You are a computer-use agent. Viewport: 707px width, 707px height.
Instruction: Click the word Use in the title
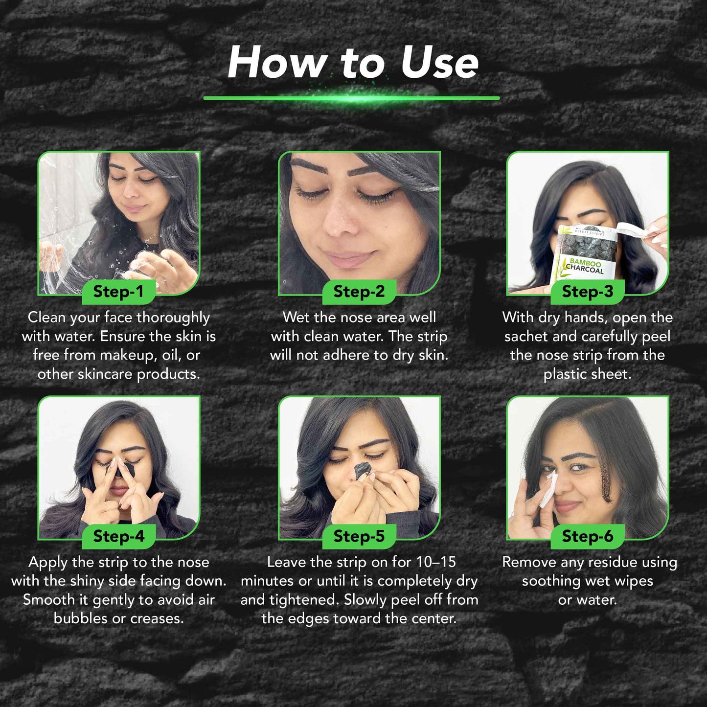439,63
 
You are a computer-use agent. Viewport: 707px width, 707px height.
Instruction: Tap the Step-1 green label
118,292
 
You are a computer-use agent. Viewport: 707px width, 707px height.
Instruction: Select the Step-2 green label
359,292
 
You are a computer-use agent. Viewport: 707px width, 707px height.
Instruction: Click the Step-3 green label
587,292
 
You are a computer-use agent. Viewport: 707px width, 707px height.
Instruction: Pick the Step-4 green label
118,536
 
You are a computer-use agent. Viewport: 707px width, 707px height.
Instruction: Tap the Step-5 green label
359,536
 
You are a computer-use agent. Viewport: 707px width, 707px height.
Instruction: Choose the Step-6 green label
587,536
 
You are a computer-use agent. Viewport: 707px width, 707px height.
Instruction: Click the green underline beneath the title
351,98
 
